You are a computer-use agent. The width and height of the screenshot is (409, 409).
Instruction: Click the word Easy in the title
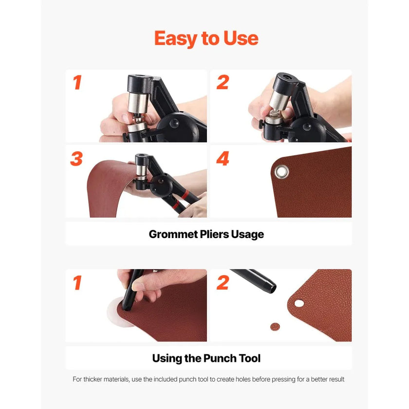pos(176,38)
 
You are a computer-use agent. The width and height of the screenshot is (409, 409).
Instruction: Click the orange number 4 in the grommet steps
pos(223,158)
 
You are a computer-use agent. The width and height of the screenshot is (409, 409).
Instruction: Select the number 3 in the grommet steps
pos(76,158)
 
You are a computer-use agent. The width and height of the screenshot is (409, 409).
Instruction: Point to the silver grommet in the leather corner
pos(282,172)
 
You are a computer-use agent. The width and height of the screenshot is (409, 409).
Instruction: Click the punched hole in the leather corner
pos(299,303)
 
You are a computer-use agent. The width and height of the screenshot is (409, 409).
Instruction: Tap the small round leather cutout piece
pos(275,327)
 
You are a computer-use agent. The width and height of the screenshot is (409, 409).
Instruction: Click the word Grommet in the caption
pos(173,234)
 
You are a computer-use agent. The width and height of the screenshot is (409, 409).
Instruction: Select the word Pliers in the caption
pos(214,234)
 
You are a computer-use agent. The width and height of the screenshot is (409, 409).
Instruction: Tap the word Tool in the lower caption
pos(250,358)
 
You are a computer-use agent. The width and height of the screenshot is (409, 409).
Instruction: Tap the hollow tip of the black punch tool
pos(272,288)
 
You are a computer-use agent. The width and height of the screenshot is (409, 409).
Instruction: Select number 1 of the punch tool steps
pos(77,282)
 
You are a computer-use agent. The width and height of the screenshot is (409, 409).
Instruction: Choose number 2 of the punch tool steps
pos(223,282)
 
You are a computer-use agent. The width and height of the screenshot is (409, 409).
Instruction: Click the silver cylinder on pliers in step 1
pos(138,103)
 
